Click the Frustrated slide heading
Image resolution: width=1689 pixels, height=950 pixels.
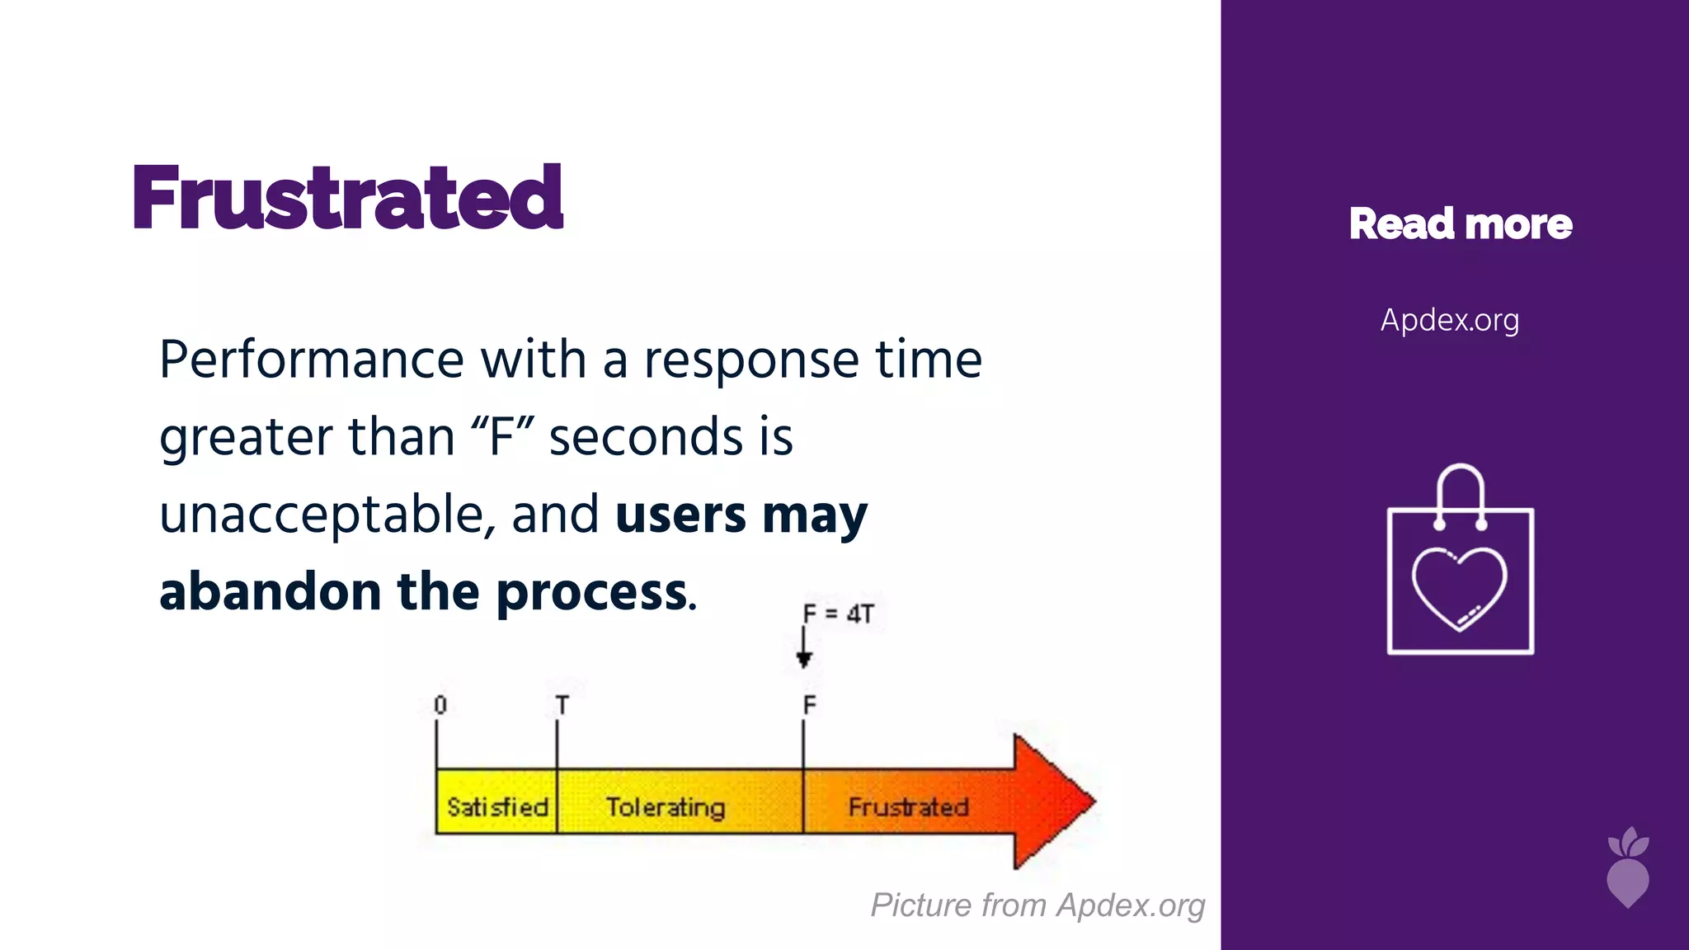(x=347, y=198)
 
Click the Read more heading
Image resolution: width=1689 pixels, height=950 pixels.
(x=1460, y=224)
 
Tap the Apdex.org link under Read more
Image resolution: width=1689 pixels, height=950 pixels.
(x=1449, y=320)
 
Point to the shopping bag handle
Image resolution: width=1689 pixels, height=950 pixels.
(x=1460, y=487)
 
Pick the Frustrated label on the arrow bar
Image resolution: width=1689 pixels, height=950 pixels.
(x=908, y=806)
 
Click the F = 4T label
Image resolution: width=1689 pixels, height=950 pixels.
(x=838, y=614)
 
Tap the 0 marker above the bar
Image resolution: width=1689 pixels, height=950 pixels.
(x=440, y=705)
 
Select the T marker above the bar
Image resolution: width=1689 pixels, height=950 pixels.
(x=562, y=705)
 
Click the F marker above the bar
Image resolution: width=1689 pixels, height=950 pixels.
(x=809, y=705)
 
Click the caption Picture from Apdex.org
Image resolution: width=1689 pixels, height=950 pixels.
(x=1037, y=905)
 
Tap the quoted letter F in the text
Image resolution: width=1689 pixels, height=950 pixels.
(x=502, y=437)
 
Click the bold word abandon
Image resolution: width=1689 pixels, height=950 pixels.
(x=270, y=592)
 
